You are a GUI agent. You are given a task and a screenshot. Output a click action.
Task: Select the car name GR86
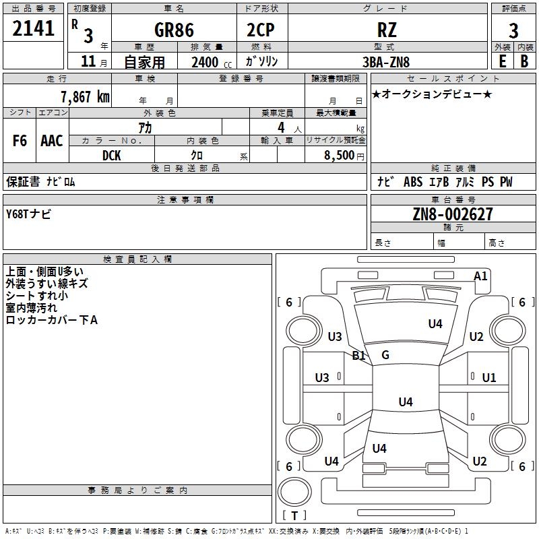(174, 30)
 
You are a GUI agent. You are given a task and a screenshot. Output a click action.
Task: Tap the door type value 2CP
(262, 30)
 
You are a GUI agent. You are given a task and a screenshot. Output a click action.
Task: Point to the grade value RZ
(387, 30)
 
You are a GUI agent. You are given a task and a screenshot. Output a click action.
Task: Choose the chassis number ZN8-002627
(453, 214)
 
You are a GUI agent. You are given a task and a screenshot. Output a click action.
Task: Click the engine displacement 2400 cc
(210, 62)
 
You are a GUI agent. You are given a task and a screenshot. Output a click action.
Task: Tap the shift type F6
(20, 141)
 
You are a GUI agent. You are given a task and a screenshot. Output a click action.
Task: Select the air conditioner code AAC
(52, 141)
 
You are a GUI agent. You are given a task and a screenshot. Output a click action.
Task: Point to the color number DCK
(112, 155)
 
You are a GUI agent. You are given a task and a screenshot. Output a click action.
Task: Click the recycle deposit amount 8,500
(339, 155)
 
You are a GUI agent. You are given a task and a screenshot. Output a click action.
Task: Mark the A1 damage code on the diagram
(480, 276)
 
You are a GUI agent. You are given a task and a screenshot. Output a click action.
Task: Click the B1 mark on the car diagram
(358, 355)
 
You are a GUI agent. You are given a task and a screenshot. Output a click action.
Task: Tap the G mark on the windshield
(385, 355)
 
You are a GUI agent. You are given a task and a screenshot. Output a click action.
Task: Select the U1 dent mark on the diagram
(488, 377)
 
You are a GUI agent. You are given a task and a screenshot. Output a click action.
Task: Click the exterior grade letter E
(502, 61)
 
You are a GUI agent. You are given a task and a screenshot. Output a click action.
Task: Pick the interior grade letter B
(525, 61)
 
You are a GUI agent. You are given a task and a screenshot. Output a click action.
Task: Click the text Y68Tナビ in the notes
(28, 214)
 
